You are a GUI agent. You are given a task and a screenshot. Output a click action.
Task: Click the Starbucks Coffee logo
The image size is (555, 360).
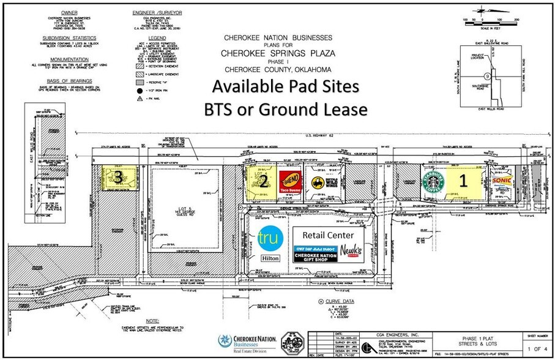coord(432,181)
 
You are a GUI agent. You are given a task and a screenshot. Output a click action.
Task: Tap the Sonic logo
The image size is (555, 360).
coord(501,182)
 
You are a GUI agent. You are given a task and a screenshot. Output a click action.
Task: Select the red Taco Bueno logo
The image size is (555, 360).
coord(289,182)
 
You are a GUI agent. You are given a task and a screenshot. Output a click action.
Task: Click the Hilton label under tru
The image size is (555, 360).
coord(270,259)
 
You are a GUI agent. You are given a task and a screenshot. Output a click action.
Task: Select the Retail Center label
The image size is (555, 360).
coord(328,234)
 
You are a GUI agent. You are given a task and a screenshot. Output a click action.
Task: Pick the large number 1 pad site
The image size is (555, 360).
coord(463,181)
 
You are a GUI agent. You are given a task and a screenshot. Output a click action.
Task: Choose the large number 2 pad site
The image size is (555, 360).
coord(262,181)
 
